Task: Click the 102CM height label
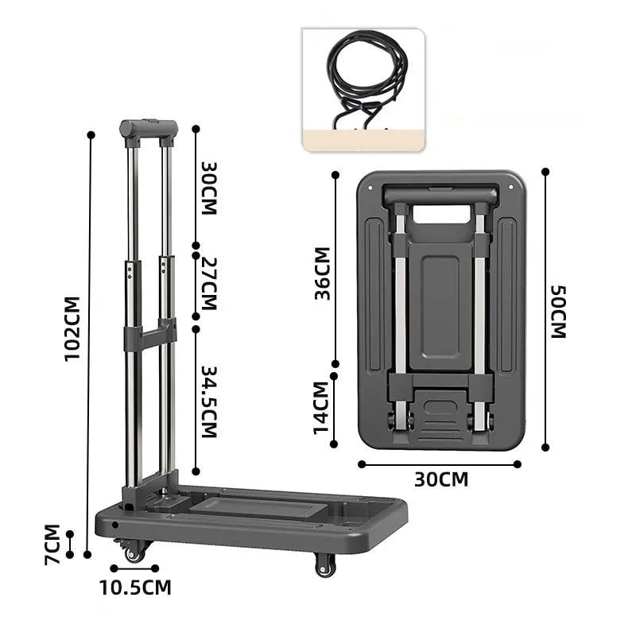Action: click(72, 328)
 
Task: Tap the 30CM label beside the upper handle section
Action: click(209, 188)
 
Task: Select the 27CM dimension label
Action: click(209, 284)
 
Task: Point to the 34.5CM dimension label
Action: click(209, 402)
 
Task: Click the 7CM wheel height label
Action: click(52, 545)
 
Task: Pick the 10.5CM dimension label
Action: click(135, 588)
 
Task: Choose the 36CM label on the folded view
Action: click(322, 273)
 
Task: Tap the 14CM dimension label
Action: click(320, 408)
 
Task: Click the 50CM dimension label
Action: click(558, 312)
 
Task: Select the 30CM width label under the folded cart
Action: click(441, 479)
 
